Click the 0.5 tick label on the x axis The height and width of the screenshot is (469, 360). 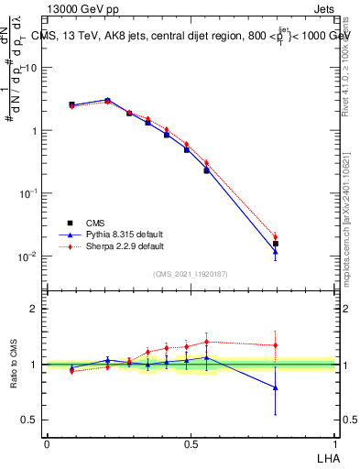pyautogui.click(x=191, y=443)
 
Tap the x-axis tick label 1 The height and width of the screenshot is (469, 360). pyautogui.click(x=335, y=443)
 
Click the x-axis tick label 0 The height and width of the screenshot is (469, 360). pyautogui.click(x=47, y=443)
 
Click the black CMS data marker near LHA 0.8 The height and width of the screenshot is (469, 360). pyautogui.click(x=275, y=244)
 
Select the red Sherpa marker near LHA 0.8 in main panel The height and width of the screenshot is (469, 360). pyautogui.click(x=275, y=237)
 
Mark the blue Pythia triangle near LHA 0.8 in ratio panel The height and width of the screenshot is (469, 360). pyautogui.click(x=275, y=387)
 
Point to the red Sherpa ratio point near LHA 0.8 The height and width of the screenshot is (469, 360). pyautogui.click(x=275, y=345)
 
